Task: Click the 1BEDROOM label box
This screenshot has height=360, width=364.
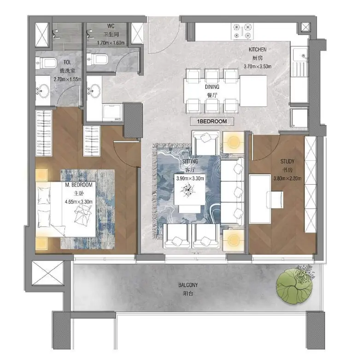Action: coord(211,122)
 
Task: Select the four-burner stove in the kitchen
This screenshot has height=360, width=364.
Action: coord(242,31)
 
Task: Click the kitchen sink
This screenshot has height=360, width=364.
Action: coord(300,62)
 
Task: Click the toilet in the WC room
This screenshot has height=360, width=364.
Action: coord(97,59)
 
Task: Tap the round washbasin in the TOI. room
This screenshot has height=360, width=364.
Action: coord(43,91)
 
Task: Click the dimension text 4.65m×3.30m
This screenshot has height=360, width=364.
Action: coord(79,202)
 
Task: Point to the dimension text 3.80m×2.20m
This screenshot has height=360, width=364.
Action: coord(288,178)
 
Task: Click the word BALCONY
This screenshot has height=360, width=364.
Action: coord(188,285)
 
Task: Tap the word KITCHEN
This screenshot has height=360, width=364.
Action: coord(258,49)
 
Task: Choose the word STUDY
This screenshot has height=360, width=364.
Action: coord(287,161)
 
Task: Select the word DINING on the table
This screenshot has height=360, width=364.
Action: coord(212,87)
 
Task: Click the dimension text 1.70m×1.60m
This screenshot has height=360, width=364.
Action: coord(111,43)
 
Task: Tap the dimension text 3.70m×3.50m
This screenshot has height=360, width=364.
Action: coord(258,66)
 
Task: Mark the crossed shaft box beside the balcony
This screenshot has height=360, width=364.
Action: coord(47,273)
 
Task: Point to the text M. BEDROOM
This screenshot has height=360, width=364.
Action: coord(79,185)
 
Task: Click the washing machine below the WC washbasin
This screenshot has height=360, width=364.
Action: coord(112,112)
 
